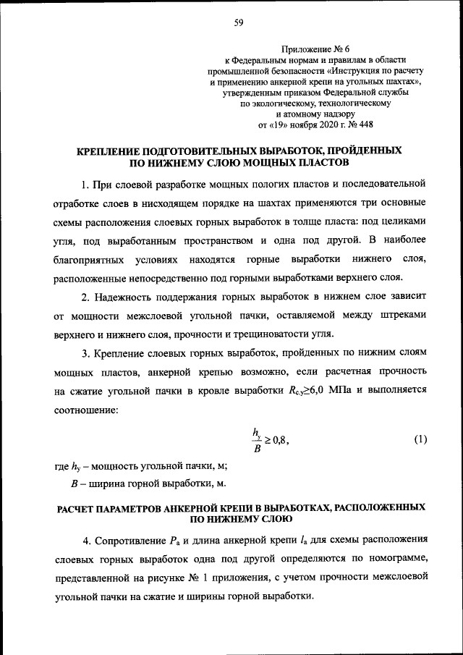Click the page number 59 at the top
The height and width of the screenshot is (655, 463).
coord(238,22)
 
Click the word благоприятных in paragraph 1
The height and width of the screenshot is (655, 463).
coord(90,258)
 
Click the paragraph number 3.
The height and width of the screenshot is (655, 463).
coord(85,352)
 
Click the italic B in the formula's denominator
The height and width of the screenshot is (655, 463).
coord(258,448)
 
